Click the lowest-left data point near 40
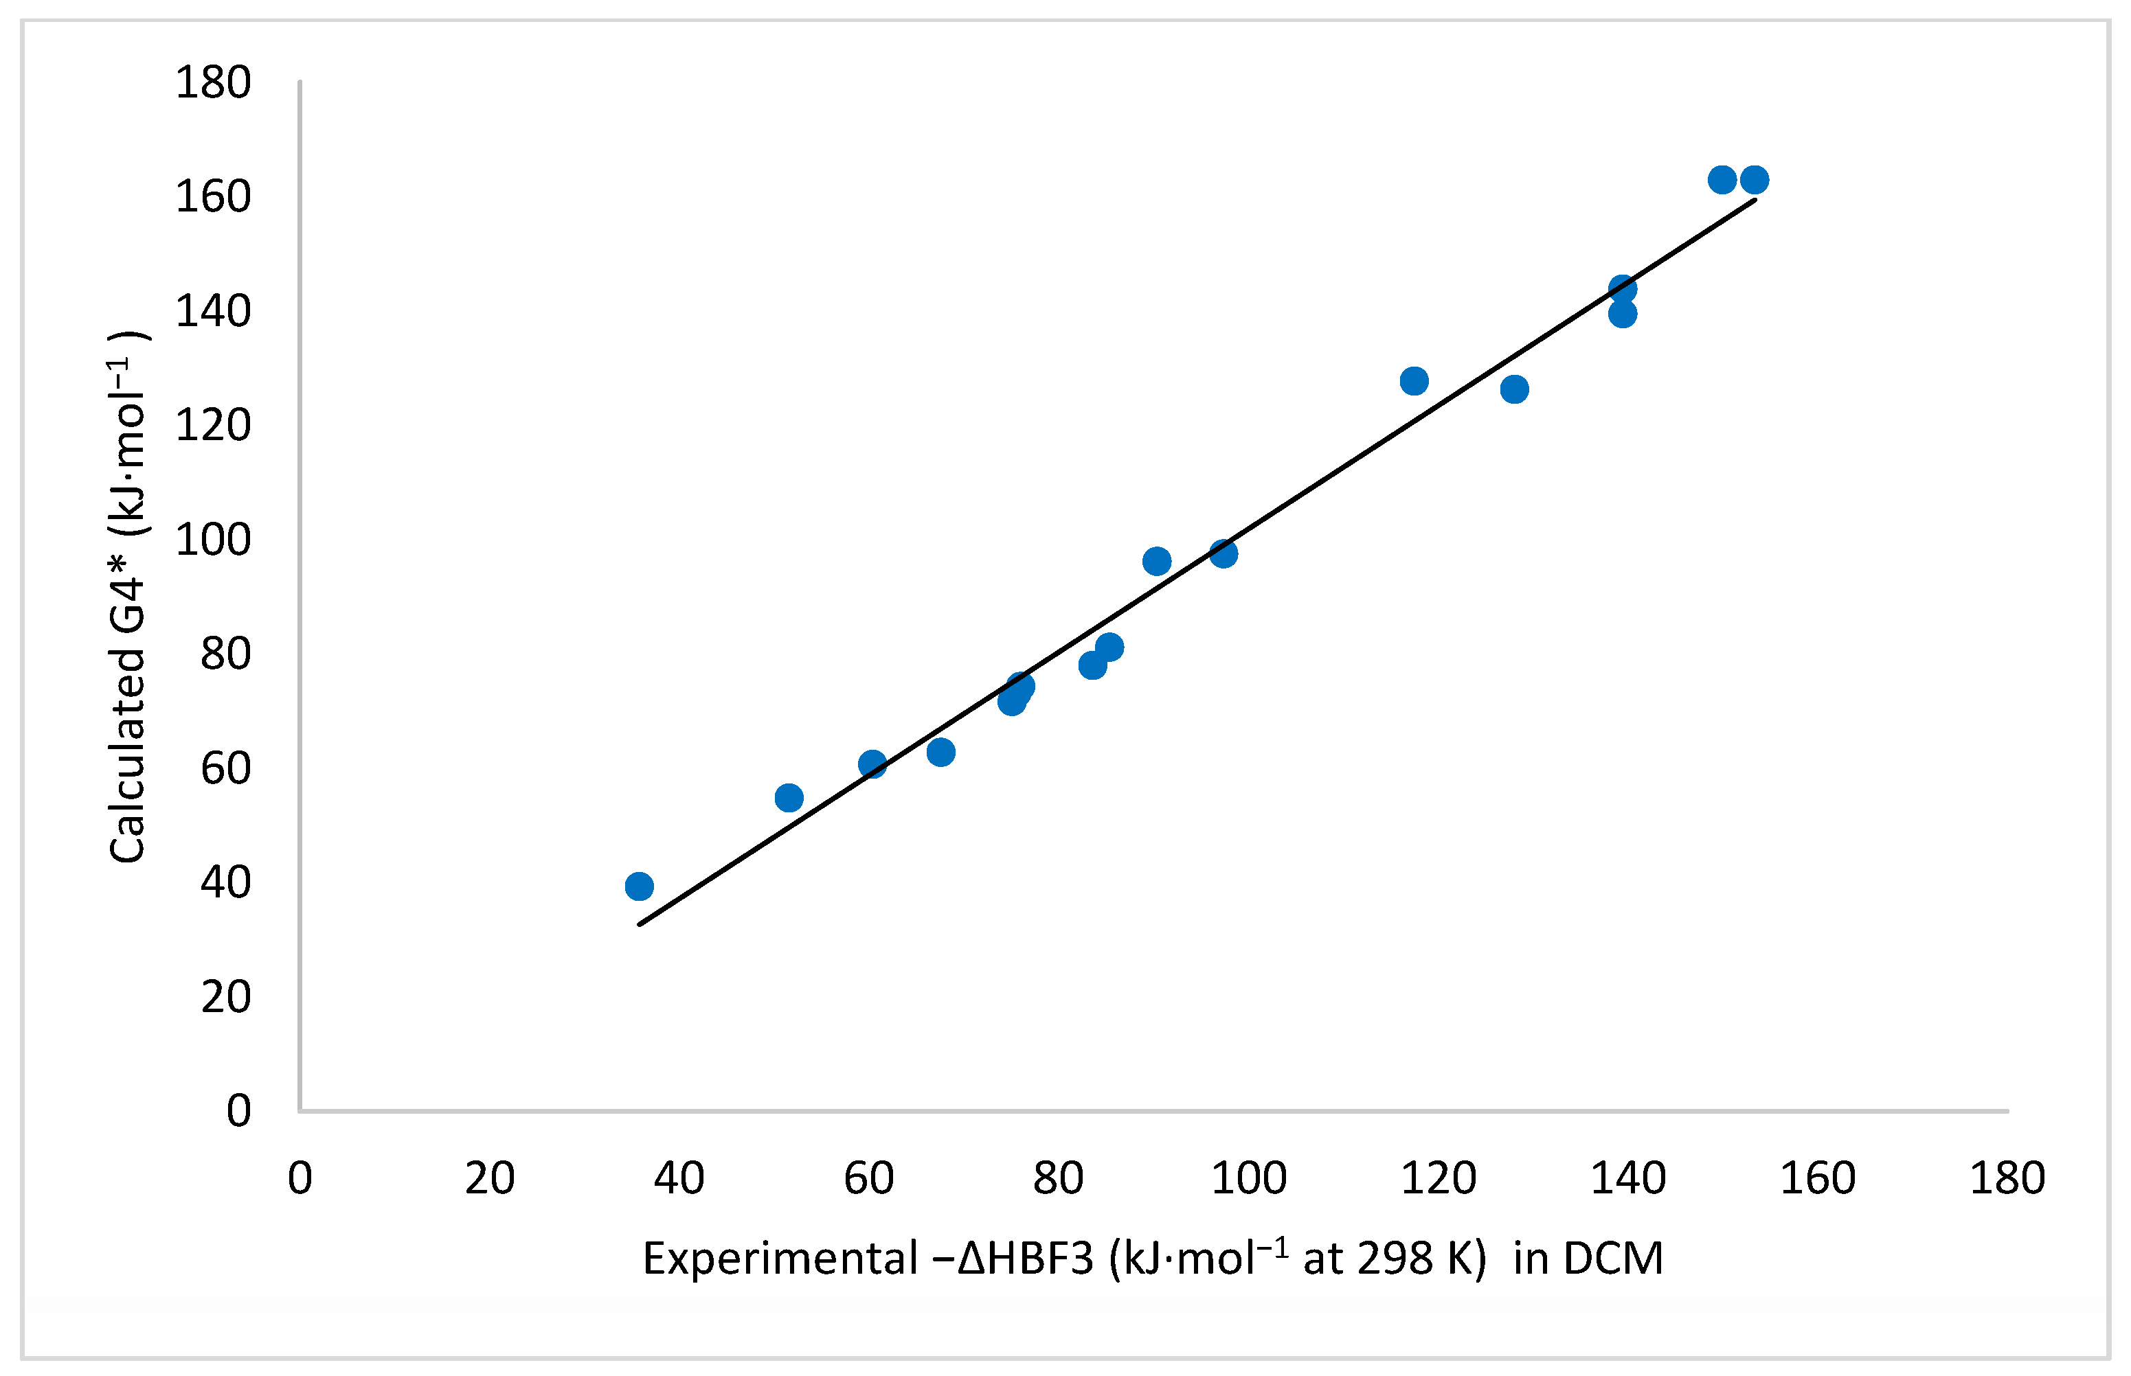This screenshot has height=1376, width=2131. (638, 886)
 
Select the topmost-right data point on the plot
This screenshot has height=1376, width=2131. (1754, 180)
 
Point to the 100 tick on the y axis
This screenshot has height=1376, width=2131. (213, 540)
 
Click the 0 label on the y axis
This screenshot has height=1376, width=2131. (238, 1111)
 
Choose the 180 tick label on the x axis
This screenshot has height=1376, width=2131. (2007, 1178)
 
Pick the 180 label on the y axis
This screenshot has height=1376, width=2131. (213, 82)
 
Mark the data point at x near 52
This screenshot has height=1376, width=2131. (789, 797)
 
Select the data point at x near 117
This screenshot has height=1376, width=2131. (1413, 380)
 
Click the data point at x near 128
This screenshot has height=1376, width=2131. (1513, 389)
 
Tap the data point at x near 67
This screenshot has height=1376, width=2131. (940, 751)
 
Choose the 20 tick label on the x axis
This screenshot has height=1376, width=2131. (489, 1178)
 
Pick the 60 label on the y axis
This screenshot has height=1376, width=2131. (225, 768)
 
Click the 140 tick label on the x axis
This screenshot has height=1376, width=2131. (1627, 1178)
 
